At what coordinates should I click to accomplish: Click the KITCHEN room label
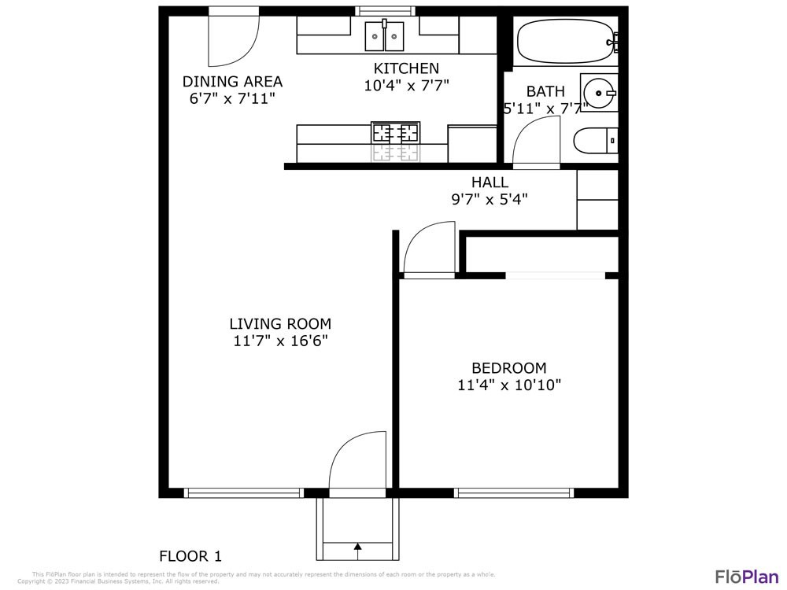(x=406, y=68)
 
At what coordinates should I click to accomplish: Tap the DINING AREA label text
(x=232, y=82)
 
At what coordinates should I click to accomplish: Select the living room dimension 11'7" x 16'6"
(x=280, y=341)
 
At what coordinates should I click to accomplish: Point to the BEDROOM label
(x=508, y=368)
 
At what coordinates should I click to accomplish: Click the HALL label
(x=490, y=183)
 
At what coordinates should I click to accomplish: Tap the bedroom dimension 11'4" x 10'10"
(x=508, y=385)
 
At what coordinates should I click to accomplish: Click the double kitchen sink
(x=384, y=35)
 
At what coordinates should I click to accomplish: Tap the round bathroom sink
(x=600, y=94)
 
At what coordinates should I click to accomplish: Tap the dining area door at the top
(x=233, y=38)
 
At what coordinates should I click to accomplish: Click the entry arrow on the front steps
(x=358, y=545)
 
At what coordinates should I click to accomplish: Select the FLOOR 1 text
(x=190, y=557)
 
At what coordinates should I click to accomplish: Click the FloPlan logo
(x=746, y=576)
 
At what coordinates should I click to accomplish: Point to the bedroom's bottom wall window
(x=514, y=493)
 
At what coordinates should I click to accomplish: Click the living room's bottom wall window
(x=243, y=493)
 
